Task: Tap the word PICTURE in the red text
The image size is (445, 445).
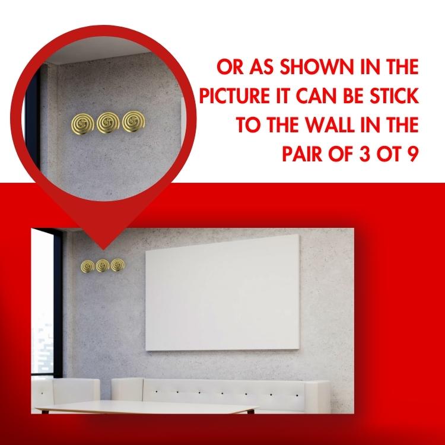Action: click(x=234, y=96)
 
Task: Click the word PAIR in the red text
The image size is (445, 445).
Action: click(x=302, y=154)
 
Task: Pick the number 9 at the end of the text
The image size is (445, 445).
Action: click(x=414, y=154)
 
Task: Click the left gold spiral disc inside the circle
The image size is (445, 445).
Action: click(x=82, y=124)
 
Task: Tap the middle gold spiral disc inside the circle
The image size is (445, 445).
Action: click(x=108, y=123)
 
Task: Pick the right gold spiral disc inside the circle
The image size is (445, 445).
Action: click(x=133, y=122)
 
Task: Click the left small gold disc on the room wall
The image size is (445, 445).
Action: click(x=87, y=266)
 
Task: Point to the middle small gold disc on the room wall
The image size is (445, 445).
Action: click(x=103, y=266)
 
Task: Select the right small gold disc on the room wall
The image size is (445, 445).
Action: click(x=117, y=265)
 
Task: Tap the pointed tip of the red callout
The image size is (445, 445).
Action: click(x=103, y=249)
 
